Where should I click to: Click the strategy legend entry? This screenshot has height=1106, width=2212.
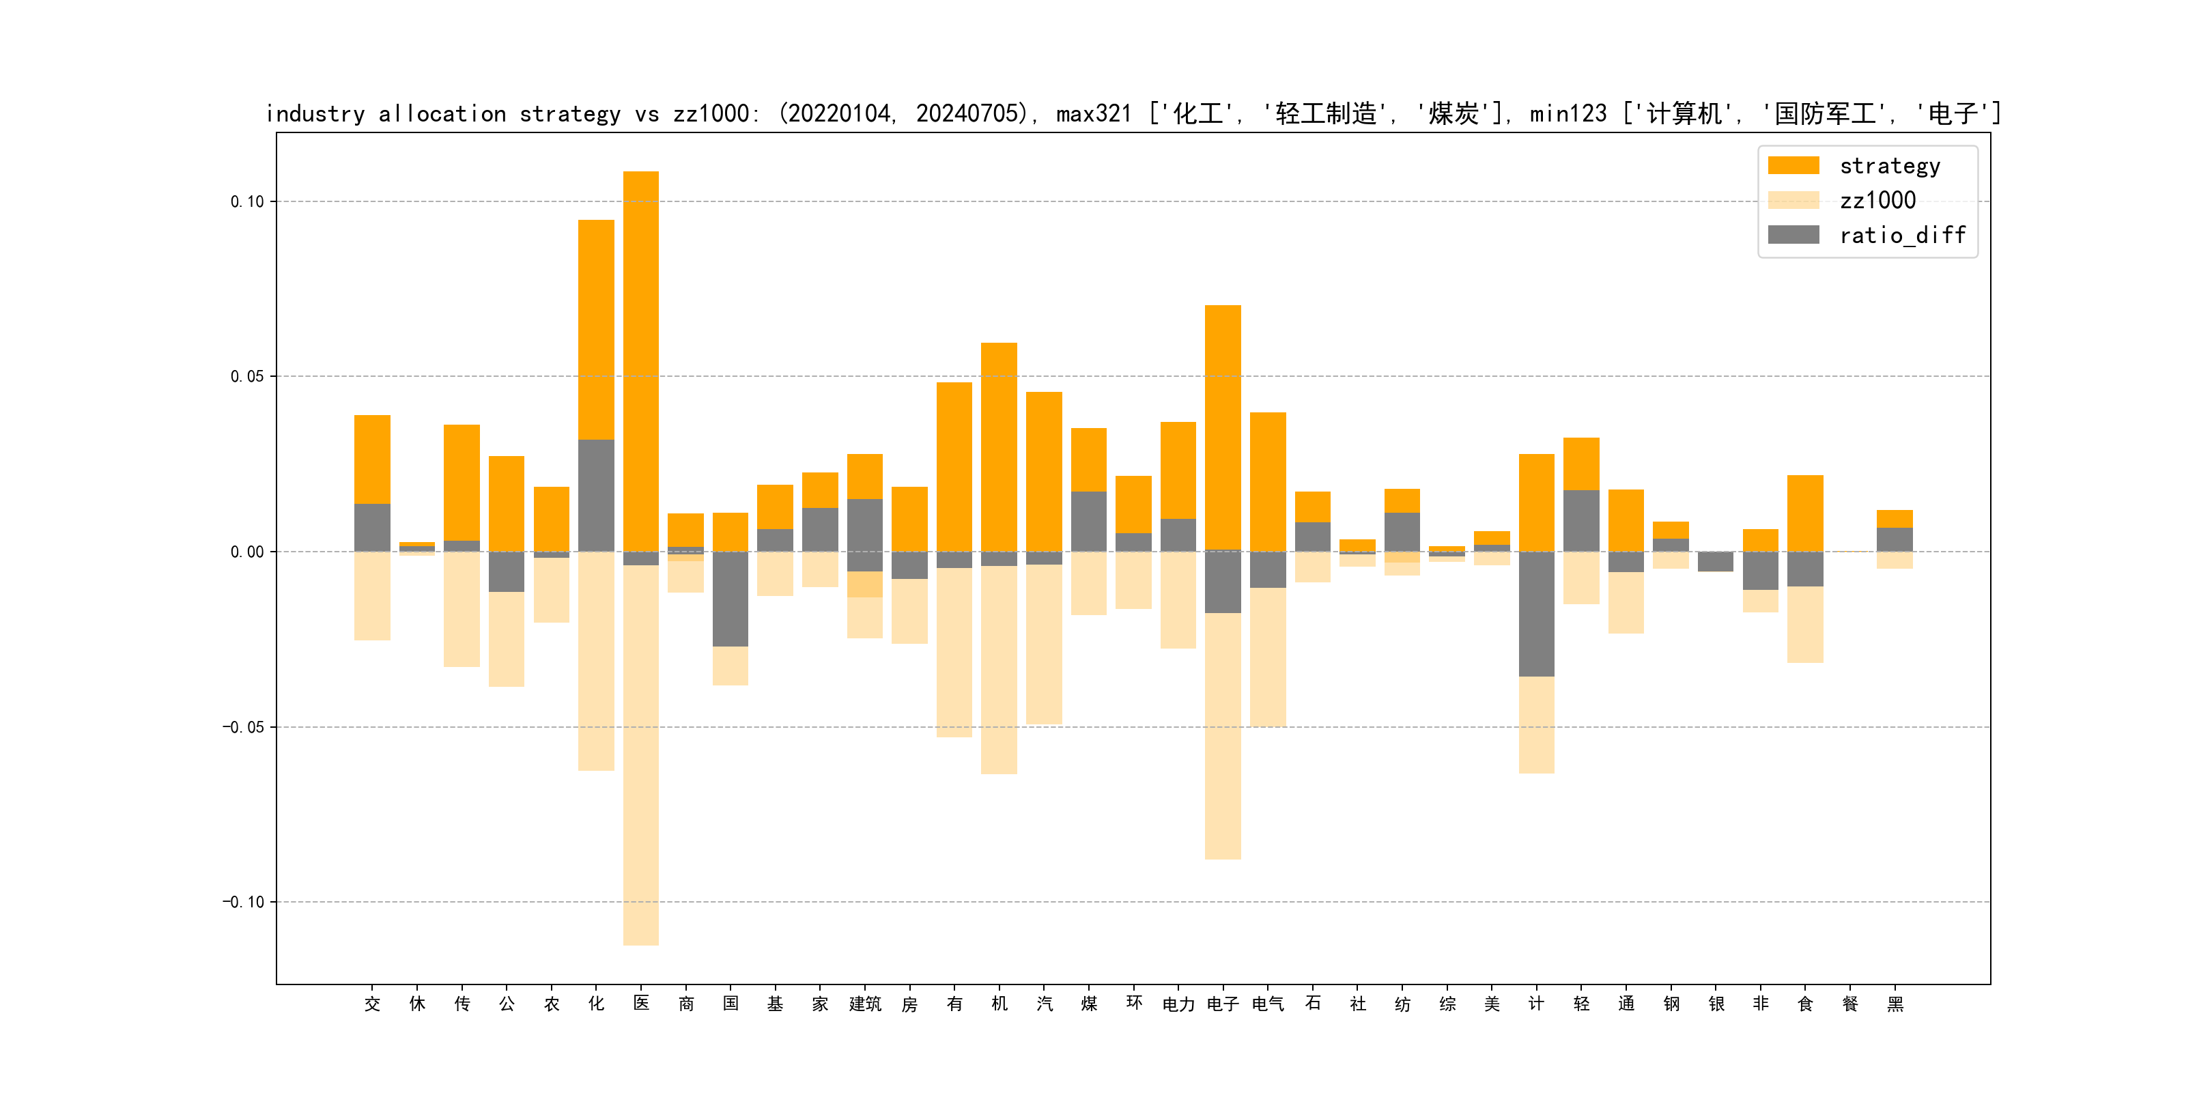click(1888, 166)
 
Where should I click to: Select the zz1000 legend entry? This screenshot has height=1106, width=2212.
click(1876, 201)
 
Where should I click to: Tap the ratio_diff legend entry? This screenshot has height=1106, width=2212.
click(1901, 236)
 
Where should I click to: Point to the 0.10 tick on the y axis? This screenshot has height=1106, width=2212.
click(247, 202)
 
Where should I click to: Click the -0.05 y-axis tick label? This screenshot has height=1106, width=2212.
click(244, 727)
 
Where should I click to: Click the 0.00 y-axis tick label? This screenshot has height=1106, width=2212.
click(247, 552)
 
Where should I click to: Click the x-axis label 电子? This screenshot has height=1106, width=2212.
click(1223, 1004)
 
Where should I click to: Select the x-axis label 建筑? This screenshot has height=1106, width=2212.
click(865, 1004)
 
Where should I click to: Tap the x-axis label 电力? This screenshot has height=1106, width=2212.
click(1178, 1004)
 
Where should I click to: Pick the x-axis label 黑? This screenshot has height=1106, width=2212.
click(1895, 1004)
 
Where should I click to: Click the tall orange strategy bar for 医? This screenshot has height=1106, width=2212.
click(640, 360)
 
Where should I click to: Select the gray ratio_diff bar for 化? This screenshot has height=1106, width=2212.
click(596, 496)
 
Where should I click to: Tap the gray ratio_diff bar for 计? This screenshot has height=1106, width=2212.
click(1536, 614)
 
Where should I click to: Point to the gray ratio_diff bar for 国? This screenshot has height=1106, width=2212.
click(730, 599)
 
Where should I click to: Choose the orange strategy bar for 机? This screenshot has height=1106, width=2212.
click(999, 446)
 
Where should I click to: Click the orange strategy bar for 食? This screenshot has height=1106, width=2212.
click(1805, 513)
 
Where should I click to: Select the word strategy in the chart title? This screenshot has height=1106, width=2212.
click(569, 114)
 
